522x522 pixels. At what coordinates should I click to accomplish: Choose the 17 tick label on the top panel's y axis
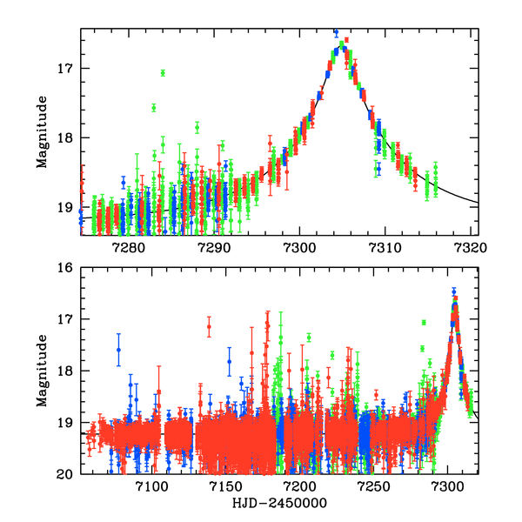tap(66, 68)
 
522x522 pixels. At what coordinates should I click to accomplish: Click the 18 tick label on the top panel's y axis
tap(66, 137)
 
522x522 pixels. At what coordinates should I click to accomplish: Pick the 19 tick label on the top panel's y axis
tap(66, 207)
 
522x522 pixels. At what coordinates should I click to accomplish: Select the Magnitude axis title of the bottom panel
tap(41, 371)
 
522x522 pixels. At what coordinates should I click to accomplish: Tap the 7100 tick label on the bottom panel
tap(151, 487)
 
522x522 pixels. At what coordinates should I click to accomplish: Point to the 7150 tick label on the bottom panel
tap(225, 487)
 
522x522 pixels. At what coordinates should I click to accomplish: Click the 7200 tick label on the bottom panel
tap(300, 487)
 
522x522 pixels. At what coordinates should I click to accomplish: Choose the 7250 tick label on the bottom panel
tap(375, 487)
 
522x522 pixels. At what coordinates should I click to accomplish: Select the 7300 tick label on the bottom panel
tap(449, 487)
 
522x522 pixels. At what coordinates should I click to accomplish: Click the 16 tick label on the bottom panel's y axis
tap(66, 268)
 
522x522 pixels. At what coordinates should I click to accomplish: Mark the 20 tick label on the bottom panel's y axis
tap(66, 474)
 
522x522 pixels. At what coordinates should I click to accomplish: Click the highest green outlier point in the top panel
tap(163, 72)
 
